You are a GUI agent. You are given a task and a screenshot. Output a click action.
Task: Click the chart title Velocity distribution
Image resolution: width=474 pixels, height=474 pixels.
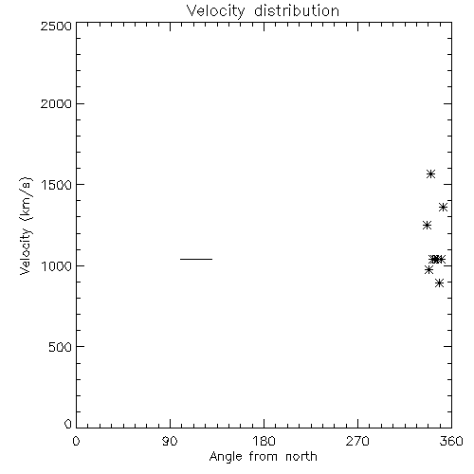click(x=263, y=11)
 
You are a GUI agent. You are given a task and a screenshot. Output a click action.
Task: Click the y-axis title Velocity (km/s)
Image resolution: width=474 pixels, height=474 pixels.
click(x=26, y=226)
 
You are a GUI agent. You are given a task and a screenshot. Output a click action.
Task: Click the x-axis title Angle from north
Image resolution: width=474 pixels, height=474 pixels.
click(x=263, y=457)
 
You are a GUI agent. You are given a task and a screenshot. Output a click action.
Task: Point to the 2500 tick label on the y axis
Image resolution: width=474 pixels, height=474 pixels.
click(x=56, y=26)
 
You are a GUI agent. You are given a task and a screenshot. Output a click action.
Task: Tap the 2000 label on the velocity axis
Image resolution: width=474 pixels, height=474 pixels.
click(x=56, y=103)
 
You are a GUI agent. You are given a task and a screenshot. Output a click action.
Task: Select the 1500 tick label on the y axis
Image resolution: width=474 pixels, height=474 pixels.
click(x=56, y=185)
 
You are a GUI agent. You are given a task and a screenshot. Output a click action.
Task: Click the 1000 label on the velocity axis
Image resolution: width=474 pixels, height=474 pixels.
click(x=56, y=265)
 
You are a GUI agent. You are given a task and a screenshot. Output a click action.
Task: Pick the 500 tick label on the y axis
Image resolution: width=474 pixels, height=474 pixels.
click(x=61, y=347)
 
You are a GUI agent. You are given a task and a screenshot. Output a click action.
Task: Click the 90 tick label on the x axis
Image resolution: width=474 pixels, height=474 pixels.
click(x=170, y=441)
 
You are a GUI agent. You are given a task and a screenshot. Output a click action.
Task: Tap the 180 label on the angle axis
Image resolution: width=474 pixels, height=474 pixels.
click(x=264, y=441)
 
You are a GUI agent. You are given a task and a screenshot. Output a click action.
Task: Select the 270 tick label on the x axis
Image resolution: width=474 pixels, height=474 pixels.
click(x=357, y=441)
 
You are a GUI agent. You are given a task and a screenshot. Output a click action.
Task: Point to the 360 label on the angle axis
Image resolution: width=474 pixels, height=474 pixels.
click(x=451, y=441)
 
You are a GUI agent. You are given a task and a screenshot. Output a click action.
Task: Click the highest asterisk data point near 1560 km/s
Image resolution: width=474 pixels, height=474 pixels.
click(x=430, y=174)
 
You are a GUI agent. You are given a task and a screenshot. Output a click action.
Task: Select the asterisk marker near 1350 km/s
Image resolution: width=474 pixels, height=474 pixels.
click(x=443, y=208)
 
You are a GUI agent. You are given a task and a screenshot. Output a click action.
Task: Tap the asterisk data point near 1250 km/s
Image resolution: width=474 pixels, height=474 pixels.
click(x=427, y=226)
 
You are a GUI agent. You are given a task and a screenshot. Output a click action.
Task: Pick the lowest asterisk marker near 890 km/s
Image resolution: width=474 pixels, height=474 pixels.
click(x=439, y=283)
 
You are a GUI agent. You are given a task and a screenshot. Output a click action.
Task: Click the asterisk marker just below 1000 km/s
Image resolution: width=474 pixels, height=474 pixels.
click(x=428, y=270)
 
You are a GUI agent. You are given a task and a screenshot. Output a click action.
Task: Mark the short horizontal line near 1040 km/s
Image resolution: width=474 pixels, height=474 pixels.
click(x=196, y=259)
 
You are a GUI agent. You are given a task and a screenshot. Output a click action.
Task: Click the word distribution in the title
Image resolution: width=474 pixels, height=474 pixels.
click(x=297, y=11)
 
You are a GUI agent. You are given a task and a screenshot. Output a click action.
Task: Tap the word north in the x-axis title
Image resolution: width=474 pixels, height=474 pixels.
click(x=301, y=457)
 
